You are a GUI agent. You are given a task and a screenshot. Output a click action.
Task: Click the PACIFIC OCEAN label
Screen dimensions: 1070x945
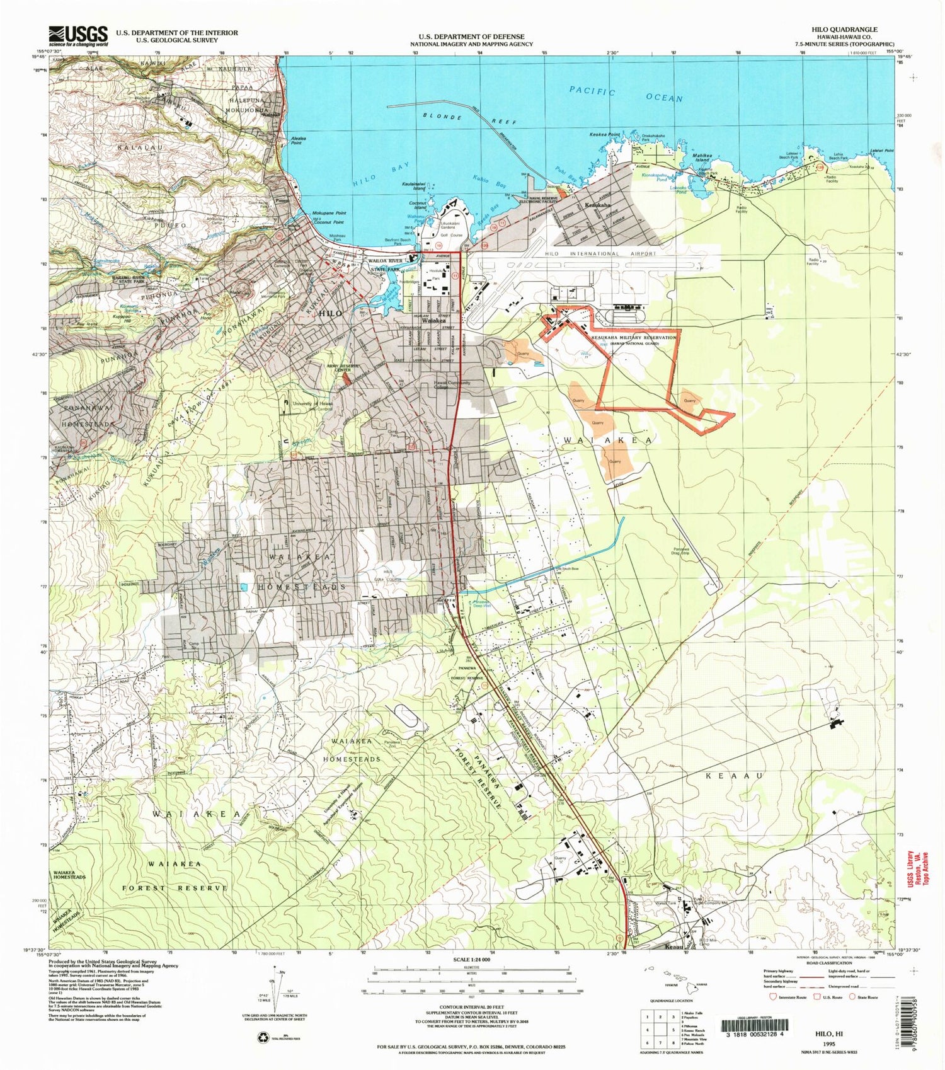coord(626,95)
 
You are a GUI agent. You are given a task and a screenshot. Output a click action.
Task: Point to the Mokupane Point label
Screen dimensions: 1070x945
coord(329,213)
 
